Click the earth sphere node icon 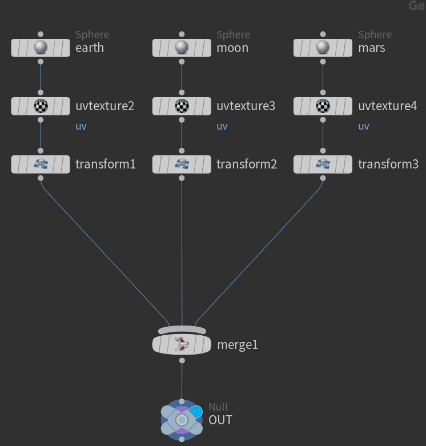click(x=40, y=47)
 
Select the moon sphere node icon click(x=182, y=47)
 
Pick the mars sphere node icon click(x=323, y=47)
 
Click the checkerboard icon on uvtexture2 click(x=40, y=106)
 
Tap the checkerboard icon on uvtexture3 click(x=182, y=106)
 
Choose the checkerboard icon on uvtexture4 click(x=323, y=106)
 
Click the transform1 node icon click(x=40, y=164)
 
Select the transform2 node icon click(x=182, y=164)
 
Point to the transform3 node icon click(x=323, y=164)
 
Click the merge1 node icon click(x=182, y=344)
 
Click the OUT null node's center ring click(x=182, y=420)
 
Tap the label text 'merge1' click(x=238, y=345)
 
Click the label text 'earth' click(x=90, y=48)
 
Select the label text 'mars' click(x=371, y=48)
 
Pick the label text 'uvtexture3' click(x=246, y=106)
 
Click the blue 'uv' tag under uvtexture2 click(x=81, y=126)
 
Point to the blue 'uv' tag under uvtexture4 click(x=364, y=126)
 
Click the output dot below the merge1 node click(x=182, y=361)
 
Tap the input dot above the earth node click(x=40, y=34)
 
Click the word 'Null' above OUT click(x=218, y=407)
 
